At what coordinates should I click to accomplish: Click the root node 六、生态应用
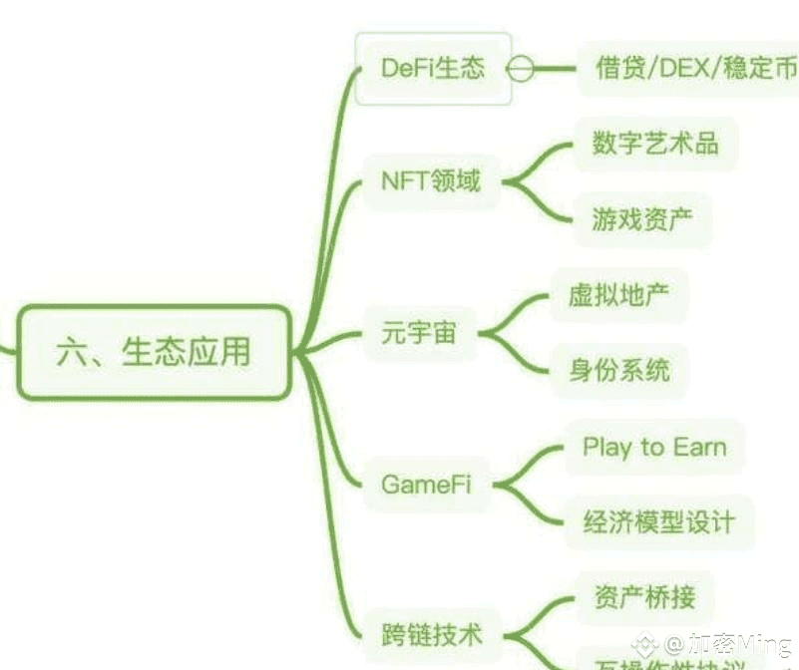coord(155,352)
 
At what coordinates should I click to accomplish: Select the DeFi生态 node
coord(433,68)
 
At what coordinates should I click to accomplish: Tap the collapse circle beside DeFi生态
coord(519,69)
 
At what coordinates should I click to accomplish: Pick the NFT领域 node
coord(430,181)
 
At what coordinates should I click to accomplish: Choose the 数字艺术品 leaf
coord(654,142)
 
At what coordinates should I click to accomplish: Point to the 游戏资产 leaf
coord(641,219)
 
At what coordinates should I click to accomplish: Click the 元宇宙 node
coord(419,333)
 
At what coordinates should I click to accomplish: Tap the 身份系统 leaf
coord(618,371)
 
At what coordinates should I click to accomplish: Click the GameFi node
coord(426,485)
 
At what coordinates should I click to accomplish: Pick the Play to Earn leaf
coord(654,447)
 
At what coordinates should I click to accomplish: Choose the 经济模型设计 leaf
coord(658,521)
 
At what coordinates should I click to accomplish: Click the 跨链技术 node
coord(431,634)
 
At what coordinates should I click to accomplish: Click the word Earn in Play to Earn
coord(699,447)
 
